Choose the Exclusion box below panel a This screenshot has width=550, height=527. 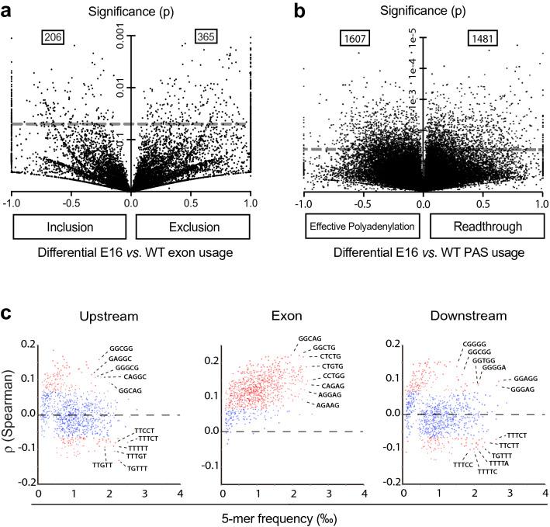(x=192, y=227)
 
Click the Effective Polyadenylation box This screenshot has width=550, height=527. (x=359, y=227)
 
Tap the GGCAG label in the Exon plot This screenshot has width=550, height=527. (x=310, y=338)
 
